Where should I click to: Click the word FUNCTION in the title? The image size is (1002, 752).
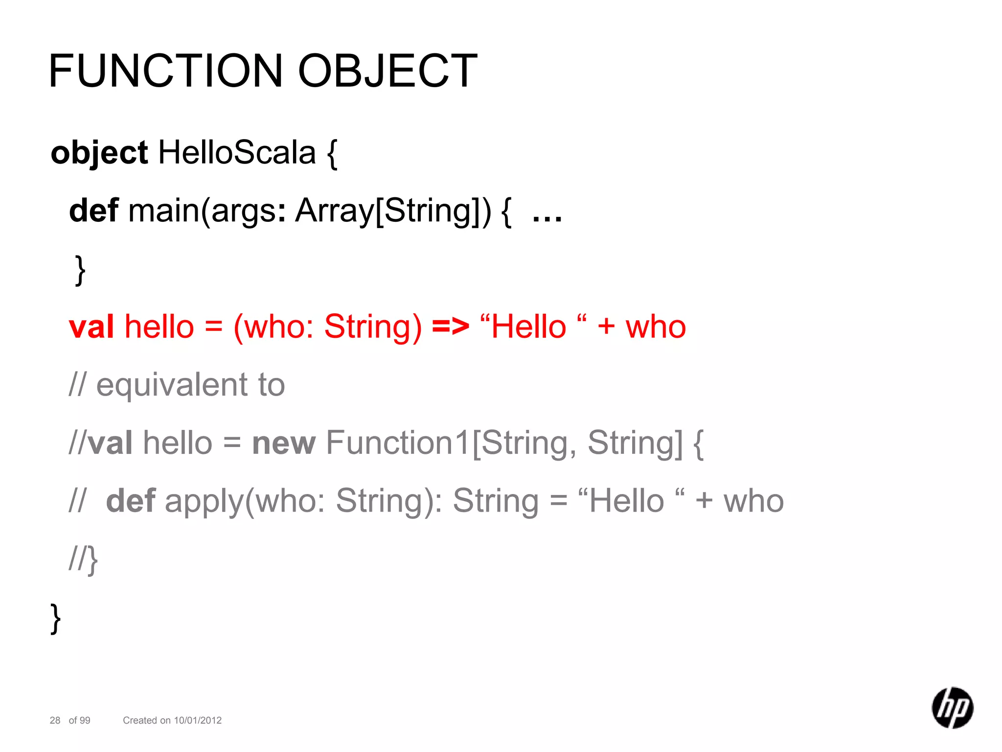tap(166, 71)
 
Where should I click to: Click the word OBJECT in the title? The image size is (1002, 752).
tap(387, 71)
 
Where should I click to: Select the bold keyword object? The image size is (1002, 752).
tap(99, 153)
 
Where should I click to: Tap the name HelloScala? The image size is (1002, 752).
tap(237, 153)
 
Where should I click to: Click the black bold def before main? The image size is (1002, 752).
tap(93, 211)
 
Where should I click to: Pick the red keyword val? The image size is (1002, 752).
tap(91, 327)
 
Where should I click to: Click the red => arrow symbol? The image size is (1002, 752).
tap(450, 327)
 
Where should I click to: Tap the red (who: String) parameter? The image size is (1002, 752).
tap(327, 327)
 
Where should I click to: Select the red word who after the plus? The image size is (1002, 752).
tap(656, 327)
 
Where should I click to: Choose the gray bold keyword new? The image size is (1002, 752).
tap(284, 443)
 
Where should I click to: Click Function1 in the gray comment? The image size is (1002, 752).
tap(398, 443)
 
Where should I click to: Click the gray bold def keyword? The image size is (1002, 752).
tap(131, 501)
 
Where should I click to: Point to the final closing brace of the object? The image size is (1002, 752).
tap(56, 618)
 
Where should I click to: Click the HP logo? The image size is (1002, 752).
tap(952, 708)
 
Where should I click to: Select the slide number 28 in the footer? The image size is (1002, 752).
tap(55, 720)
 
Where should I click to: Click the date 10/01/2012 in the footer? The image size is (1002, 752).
tap(198, 720)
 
